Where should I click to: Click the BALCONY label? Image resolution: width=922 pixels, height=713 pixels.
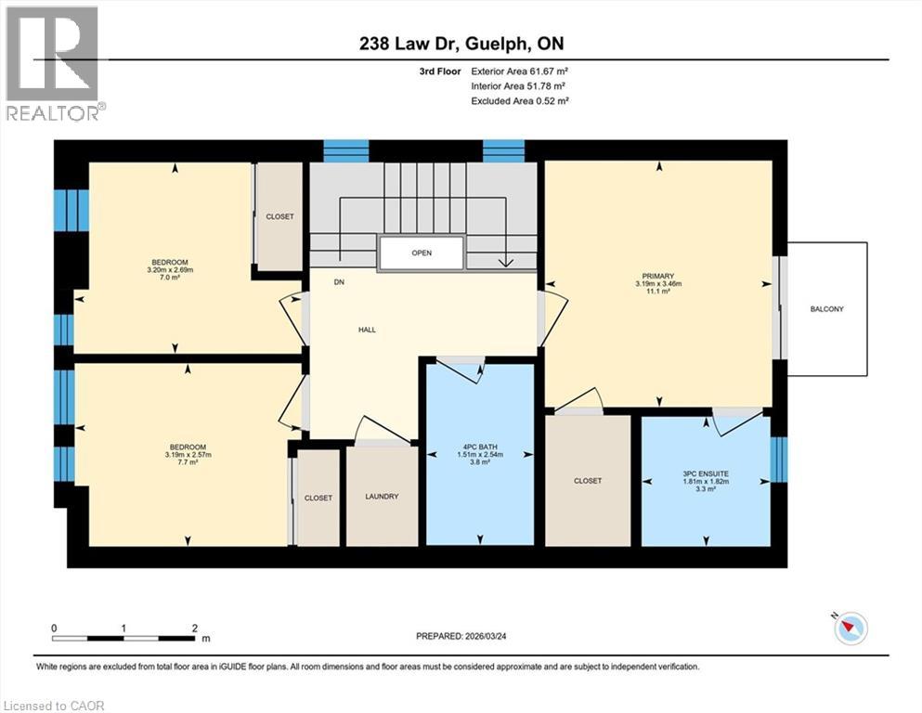coord(826,309)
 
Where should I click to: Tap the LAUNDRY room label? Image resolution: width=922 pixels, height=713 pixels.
coord(382,497)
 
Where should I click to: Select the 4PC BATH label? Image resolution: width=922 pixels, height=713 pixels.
coord(480,445)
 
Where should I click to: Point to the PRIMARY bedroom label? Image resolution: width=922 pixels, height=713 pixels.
coord(658,276)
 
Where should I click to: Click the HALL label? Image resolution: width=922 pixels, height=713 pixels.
coord(368,330)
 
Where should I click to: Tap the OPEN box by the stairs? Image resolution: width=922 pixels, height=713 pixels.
coord(421,253)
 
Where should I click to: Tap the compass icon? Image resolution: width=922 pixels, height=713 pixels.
coord(850,629)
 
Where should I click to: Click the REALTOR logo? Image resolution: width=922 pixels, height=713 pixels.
coord(54,64)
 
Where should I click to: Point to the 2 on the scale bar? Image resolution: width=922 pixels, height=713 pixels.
coord(195,628)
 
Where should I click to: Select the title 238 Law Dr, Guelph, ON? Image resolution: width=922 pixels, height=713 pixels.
coord(460,44)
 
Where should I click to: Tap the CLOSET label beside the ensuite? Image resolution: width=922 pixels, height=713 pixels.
coord(588,481)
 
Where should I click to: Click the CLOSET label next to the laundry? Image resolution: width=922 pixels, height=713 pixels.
coord(318,499)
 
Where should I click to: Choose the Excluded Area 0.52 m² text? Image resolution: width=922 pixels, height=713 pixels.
coord(520,100)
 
